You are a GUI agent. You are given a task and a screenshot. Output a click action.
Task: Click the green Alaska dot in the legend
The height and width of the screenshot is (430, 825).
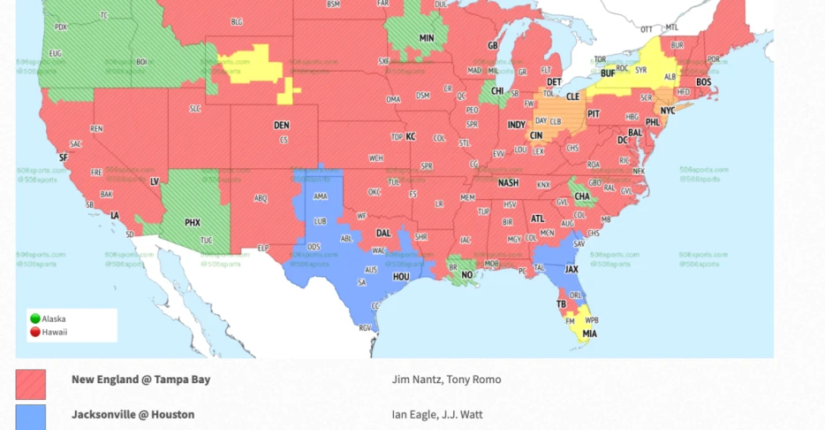tap(35, 319)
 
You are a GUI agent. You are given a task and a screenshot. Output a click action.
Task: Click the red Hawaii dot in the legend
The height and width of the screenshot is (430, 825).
tap(35, 333)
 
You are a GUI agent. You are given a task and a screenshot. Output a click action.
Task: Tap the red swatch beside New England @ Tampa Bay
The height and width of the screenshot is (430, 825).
tap(30, 384)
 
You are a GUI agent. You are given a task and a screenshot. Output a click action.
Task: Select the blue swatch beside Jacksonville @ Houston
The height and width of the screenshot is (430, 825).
tap(30, 417)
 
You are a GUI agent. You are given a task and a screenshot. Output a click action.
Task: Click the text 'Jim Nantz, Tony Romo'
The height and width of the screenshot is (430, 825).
tap(446, 380)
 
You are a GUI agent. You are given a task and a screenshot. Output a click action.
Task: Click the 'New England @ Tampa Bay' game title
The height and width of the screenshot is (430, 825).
tap(140, 380)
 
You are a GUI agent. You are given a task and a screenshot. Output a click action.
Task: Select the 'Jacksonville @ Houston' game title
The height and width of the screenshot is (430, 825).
tap(132, 414)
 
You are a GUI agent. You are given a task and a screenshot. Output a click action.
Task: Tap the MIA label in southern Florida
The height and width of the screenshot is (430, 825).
tap(589, 334)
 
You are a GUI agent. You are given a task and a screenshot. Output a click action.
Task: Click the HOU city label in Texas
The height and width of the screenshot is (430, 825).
tap(401, 276)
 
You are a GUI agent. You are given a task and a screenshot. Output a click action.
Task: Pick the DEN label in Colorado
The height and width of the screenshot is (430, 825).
tap(281, 126)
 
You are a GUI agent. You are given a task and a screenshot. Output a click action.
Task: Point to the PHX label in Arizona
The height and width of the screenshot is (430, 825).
tap(193, 223)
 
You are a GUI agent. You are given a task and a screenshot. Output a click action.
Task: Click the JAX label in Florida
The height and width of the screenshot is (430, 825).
tap(571, 269)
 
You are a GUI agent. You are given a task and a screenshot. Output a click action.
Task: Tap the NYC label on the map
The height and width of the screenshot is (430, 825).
tap(668, 111)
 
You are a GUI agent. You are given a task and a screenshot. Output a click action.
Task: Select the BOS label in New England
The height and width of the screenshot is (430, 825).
tap(703, 82)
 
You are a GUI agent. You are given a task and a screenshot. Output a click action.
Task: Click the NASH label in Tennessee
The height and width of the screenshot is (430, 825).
tap(508, 183)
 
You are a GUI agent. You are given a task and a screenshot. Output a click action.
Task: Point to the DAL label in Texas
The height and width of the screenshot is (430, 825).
tap(383, 234)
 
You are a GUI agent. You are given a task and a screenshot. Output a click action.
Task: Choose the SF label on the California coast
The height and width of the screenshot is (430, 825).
tap(63, 157)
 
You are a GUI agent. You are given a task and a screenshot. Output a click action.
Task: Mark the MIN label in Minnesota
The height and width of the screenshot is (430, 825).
tap(427, 38)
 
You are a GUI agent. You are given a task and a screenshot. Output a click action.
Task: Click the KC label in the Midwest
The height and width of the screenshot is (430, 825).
tap(410, 137)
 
